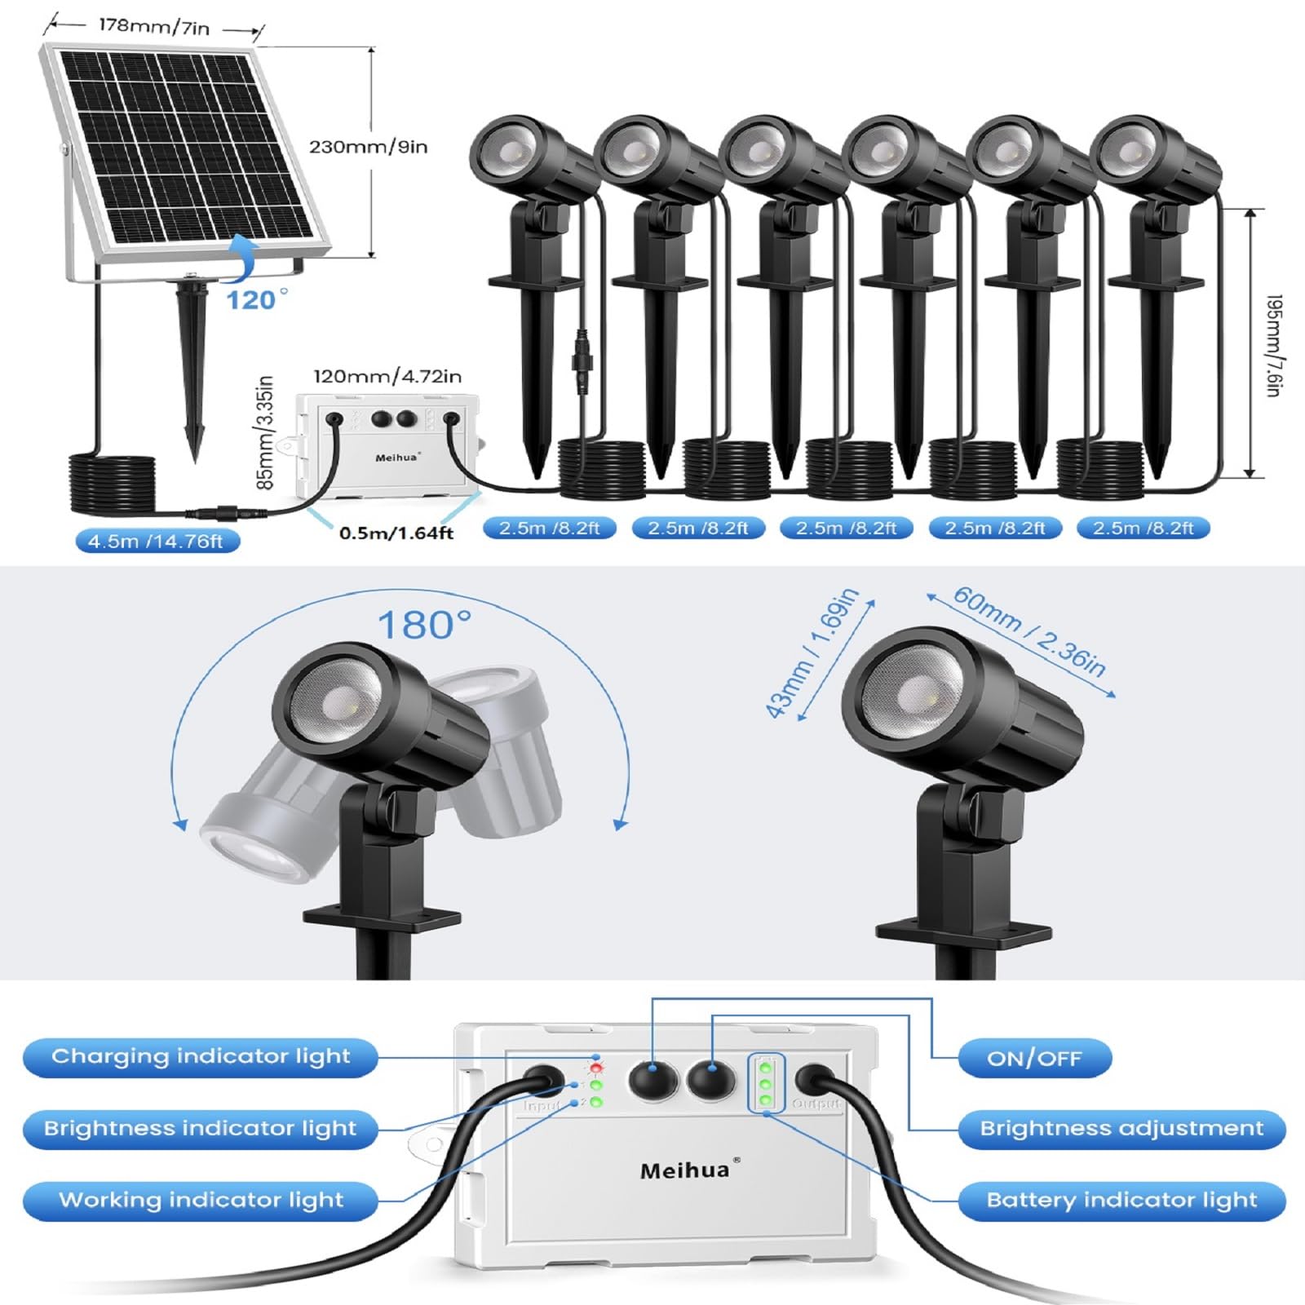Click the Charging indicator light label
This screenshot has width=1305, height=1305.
pyautogui.click(x=201, y=1057)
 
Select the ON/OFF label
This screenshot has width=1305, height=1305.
pyautogui.click(x=1034, y=1059)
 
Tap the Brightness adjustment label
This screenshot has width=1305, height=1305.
pyautogui.click(x=1121, y=1129)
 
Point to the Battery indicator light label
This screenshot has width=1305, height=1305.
pyautogui.click(x=1121, y=1201)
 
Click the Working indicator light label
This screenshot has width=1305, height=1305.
pyautogui.click(x=201, y=1201)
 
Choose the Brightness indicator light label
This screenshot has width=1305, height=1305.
pyautogui.click(x=201, y=1129)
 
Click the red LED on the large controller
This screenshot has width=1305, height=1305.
pyautogui.click(x=596, y=1068)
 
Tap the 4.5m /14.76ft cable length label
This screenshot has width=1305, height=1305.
pyautogui.click(x=156, y=542)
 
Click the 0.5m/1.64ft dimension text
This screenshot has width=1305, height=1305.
pyautogui.click(x=396, y=533)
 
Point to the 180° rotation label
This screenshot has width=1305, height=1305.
pyautogui.click(x=424, y=626)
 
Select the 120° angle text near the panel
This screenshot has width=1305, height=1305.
pyautogui.click(x=256, y=299)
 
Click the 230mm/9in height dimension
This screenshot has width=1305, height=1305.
pyautogui.click(x=368, y=147)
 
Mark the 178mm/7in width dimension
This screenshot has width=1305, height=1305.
pyautogui.click(x=154, y=26)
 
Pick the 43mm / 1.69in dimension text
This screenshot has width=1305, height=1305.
pyautogui.click(x=812, y=652)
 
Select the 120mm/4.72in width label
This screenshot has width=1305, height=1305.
pyautogui.click(x=387, y=376)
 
